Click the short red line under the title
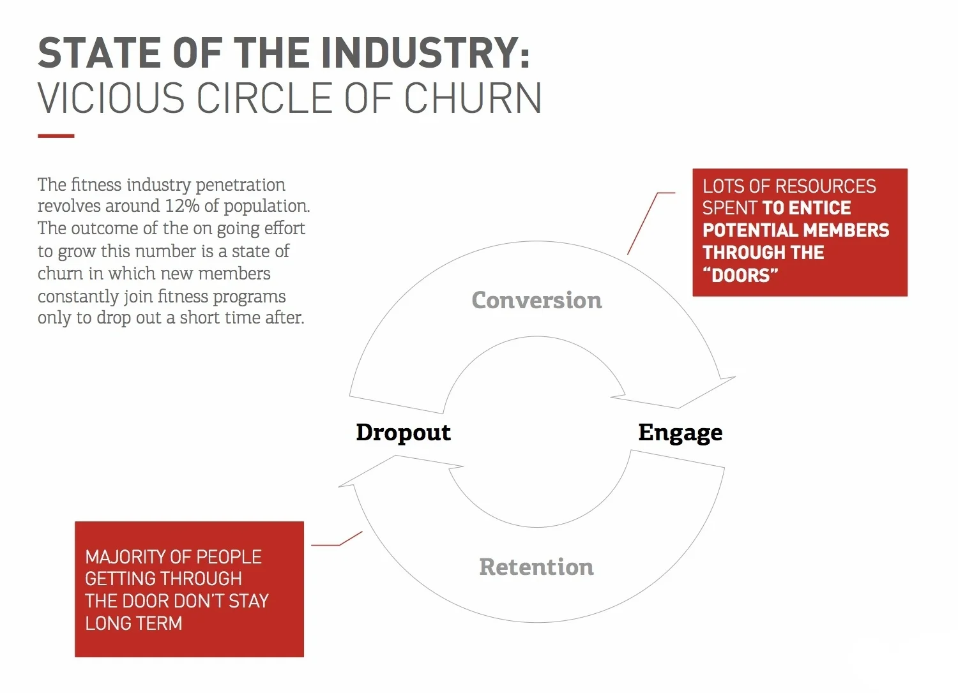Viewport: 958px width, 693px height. point(56,136)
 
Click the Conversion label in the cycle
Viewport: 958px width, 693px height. point(536,300)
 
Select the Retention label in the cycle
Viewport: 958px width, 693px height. point(536,567)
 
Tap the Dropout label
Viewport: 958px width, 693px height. point(403,433)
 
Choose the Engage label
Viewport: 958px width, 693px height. point(680,433)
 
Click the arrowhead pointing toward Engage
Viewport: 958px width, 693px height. point(684,394)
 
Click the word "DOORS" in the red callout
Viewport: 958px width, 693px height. point(740,275)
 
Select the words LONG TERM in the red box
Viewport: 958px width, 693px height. point(133,623)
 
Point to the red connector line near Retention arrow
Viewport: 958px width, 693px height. point(337,539)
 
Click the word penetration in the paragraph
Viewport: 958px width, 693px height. point(240,186)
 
